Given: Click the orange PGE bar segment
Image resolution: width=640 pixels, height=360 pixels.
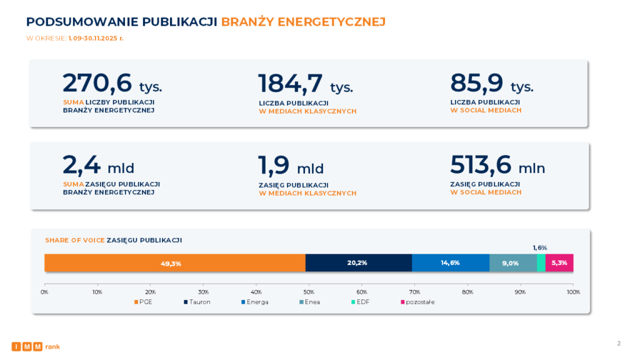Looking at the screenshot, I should point(175,263).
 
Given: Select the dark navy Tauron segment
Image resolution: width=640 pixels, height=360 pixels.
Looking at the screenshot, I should point(358,263).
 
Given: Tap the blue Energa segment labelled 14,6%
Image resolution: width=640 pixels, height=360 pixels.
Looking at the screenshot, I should point(451,263).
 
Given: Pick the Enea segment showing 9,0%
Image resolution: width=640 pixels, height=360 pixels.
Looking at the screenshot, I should point(512,263).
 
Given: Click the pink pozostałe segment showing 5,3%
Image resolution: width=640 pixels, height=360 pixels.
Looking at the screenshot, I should point(559,263).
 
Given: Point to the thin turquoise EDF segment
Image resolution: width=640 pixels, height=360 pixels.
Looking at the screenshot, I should point(541,263).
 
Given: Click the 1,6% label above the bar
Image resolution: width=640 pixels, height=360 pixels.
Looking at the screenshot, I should point(540,248).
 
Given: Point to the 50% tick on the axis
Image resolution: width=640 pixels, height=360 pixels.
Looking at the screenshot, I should point(309,292).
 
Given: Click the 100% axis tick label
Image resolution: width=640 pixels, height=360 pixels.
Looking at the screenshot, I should point(573,292).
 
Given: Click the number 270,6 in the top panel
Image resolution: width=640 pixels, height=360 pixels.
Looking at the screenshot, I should point(97,83).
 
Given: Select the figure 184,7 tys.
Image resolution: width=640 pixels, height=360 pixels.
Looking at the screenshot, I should point(305,84).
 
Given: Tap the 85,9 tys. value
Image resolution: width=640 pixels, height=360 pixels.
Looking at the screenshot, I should point(491,84).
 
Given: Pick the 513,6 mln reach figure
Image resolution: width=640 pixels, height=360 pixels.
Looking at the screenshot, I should point(497,165).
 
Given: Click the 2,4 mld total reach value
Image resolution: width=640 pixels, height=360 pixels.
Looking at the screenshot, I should point(98,166).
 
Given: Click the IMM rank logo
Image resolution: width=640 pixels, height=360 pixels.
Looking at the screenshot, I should point(36,346).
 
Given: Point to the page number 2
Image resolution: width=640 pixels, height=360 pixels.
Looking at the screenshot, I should point(619,343).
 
